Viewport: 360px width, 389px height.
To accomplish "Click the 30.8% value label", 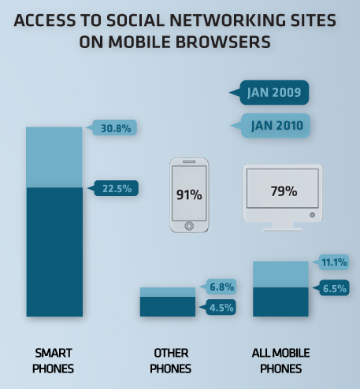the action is coord(116,128).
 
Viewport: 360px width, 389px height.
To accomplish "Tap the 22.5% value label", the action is coord(117,188).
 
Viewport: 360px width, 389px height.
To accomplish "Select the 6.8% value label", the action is coord(221,287).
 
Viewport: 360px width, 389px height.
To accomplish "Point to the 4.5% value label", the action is coord(221,307).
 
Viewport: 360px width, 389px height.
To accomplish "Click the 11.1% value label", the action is coord(334,262).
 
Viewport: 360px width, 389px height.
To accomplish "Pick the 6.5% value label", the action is coord(334,288).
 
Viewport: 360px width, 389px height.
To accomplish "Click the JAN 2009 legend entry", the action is coord(274,92).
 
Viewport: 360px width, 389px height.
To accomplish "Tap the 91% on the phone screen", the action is coord(189,194).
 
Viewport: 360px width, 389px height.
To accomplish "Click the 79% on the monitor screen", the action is coord(284,191).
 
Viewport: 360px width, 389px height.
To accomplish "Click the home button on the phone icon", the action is coord(189,226).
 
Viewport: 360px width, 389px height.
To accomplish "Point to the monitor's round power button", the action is coord(312,215).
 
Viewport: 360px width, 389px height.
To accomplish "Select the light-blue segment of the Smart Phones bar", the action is coord(54,157).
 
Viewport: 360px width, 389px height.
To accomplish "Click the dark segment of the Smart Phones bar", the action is coord(54,252).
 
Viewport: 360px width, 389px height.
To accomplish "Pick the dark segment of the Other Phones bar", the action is coord(168,306).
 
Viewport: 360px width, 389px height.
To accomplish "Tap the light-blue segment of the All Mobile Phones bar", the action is coord(280,274).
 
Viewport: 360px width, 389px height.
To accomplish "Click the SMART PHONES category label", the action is coord(54,361).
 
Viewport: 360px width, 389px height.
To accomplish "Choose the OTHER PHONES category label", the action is coord(171,361).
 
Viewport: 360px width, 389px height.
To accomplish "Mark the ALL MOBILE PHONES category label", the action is coord(281,361).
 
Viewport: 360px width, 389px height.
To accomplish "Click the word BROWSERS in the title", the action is coord(223,42).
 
